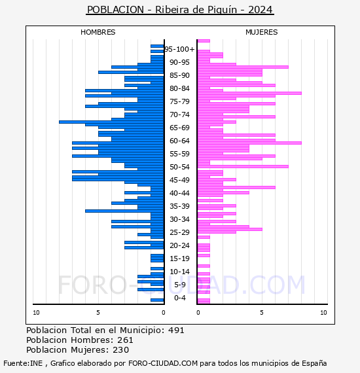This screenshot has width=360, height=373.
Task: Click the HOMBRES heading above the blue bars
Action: click(x=98, y=32)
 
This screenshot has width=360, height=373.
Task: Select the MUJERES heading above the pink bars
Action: click(x=262, y=32)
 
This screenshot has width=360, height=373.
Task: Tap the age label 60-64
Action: click(x=179, y=141)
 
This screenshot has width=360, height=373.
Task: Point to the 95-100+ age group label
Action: click(x=179, y=49)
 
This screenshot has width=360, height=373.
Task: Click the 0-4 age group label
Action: click(x=180, y=298)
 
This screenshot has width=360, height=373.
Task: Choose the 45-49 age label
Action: click(x=179, y=180)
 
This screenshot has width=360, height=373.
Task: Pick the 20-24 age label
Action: click(x=179, y=245)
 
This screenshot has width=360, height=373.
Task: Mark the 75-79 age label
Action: click(x=179, y=101)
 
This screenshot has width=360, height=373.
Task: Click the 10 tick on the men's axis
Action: click(x=36, y=313)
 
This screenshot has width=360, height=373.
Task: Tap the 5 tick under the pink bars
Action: click(x=262, y=313)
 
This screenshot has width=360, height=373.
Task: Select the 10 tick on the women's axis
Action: click(x=323, y=313)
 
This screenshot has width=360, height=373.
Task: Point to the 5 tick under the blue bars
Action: click(x=98, y=313)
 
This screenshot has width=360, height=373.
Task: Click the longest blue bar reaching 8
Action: click(x=111, y=122)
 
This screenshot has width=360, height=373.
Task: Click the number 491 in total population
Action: click(x=176, y=330)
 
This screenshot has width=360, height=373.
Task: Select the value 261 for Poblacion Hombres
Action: click(x=125, y=340)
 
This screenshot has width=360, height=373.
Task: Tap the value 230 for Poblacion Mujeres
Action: click(x=121, y=350)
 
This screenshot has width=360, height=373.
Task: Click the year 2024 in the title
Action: click(x=261, y=10)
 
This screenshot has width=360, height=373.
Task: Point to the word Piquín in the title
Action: click(x=223, y=10)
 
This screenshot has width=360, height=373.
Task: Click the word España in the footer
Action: click(x=314, y=363)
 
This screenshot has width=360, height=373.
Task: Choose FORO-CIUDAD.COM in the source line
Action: click(x=163, y=363)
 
